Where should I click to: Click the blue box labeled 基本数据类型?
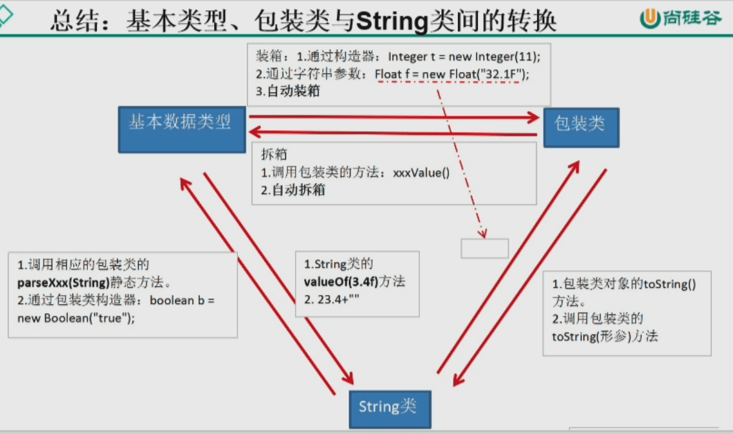(x=182, y=129)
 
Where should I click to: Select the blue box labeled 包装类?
(x=581, y=127)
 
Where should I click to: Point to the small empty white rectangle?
(x=485, y=248)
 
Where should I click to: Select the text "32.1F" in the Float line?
(x=501, y=74)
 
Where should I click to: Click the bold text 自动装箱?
(x=292, y=91)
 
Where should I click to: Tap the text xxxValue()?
(x=421, y=173)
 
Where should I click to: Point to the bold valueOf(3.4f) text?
(x=341, y=281)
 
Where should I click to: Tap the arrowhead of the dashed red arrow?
(x=483, y=233)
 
